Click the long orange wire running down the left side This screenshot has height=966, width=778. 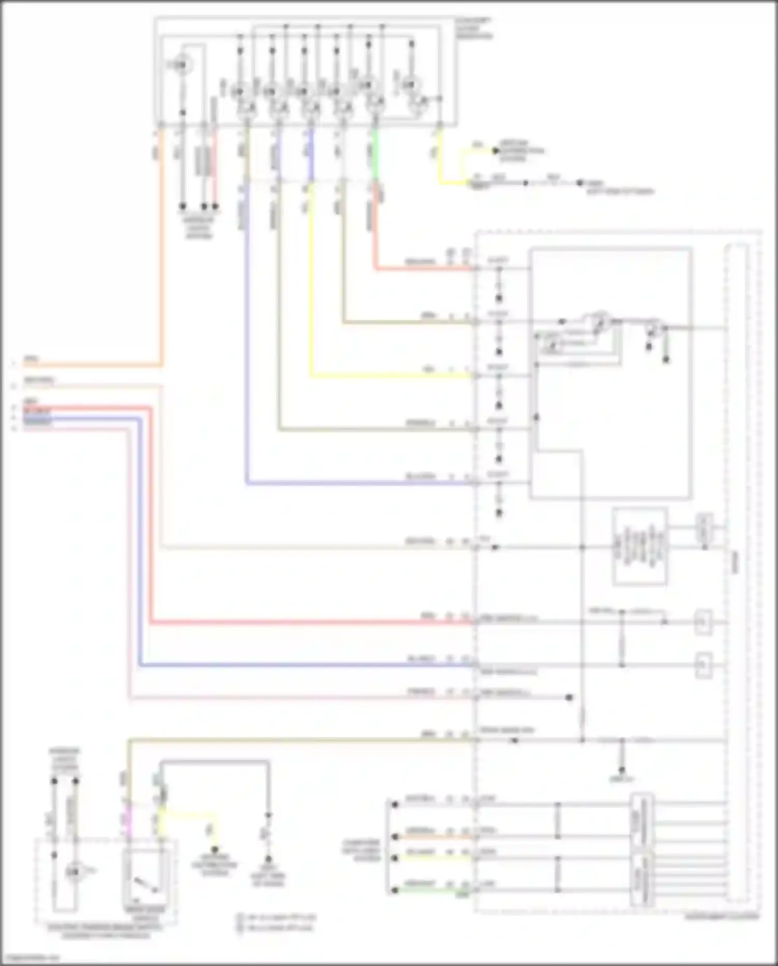click(161, 249)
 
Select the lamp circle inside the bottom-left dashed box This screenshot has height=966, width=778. click(74, 872)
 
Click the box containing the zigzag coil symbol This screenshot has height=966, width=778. click(639, 547)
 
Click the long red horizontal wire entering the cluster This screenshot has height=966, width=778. click(311, 622)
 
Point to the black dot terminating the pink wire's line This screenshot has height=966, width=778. click(569, 698)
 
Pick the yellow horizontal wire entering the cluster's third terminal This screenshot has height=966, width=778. click(389, 376)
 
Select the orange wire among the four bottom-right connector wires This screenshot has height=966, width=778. click(436, 837)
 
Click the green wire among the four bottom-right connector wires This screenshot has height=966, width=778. click(436, 891)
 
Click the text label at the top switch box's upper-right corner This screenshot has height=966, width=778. click(473, 29)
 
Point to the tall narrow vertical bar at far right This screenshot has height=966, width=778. click(737, 571)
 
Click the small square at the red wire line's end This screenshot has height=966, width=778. click(703, 622)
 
